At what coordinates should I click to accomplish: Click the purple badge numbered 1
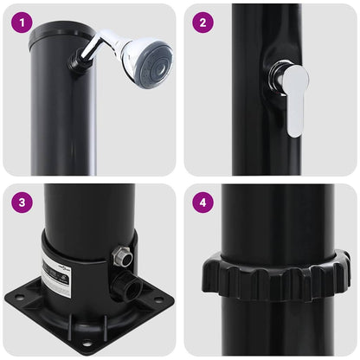(x=22, y=23)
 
